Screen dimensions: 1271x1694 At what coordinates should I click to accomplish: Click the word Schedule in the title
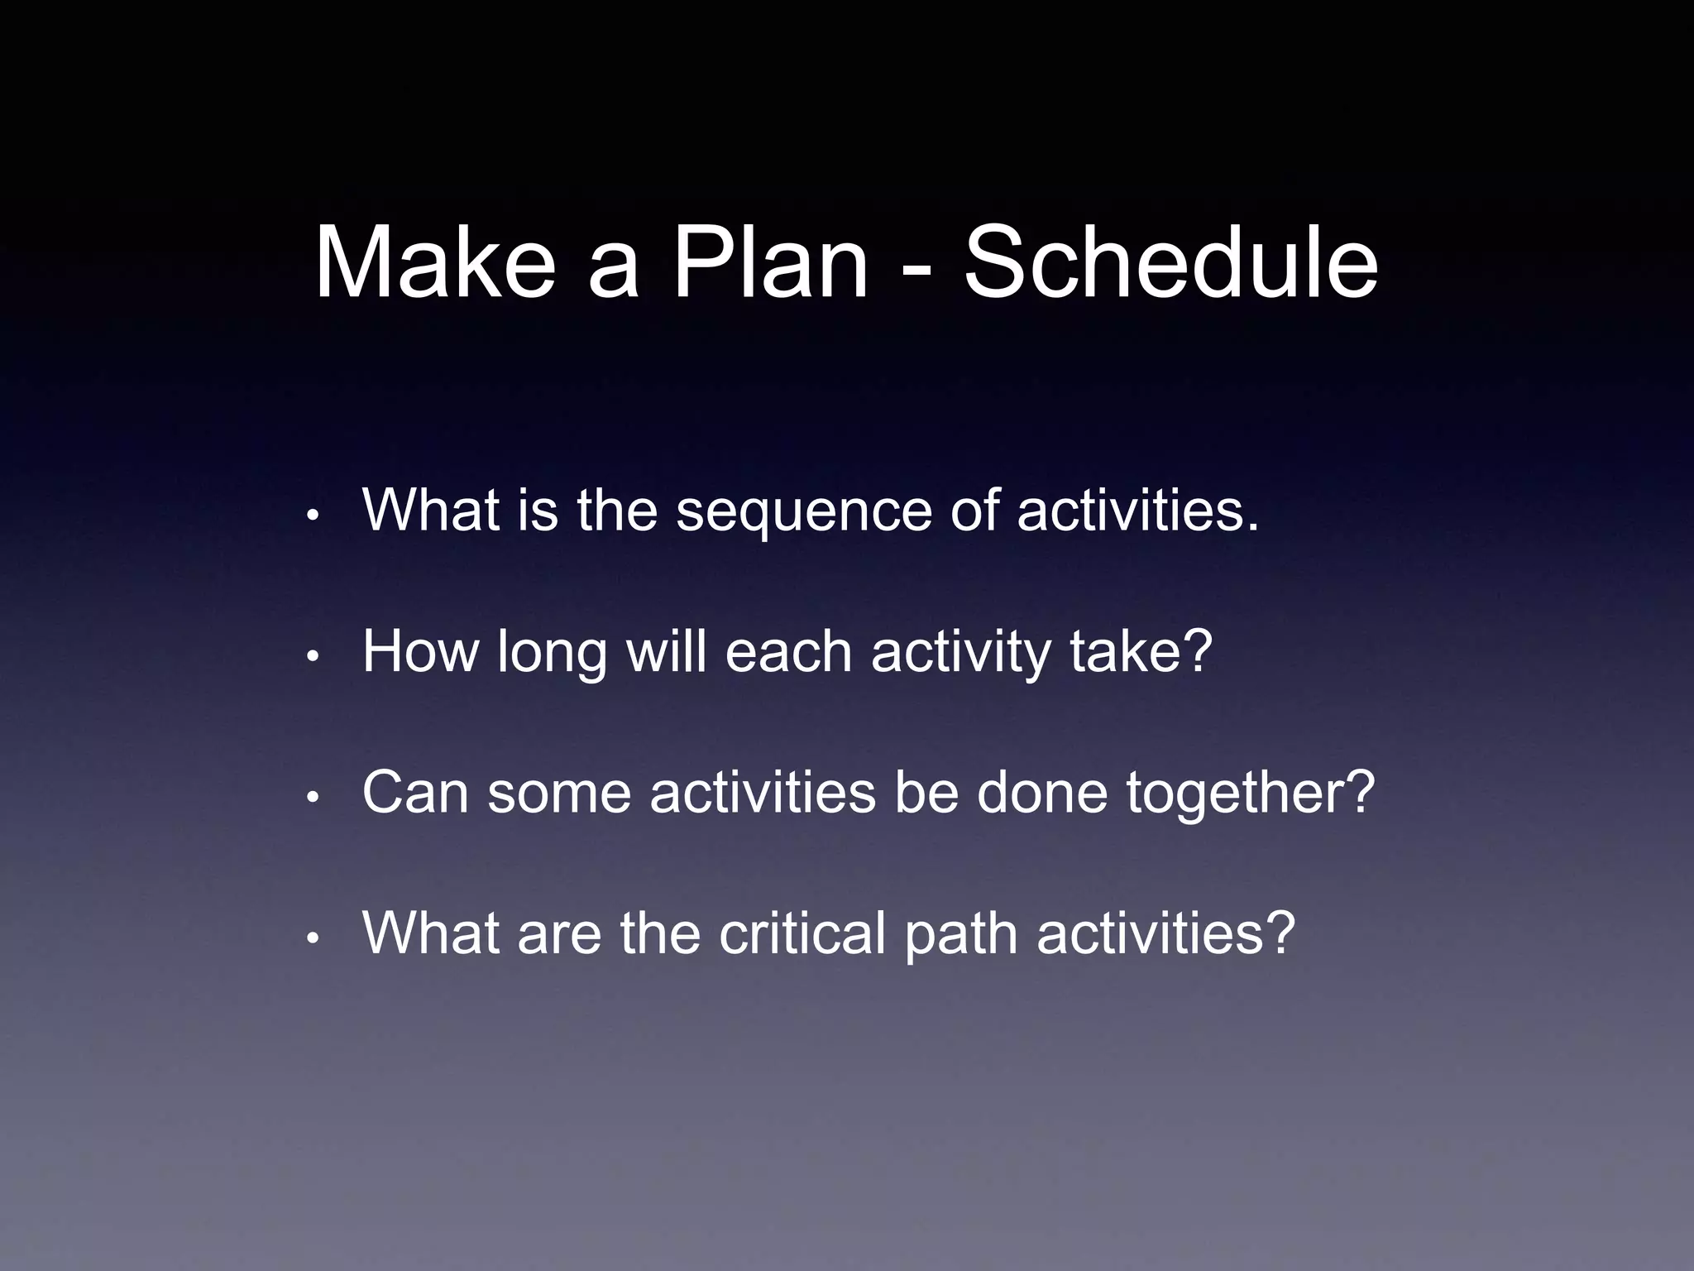pos(1170,263)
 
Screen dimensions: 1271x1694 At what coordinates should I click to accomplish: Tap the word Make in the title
pos(435,263)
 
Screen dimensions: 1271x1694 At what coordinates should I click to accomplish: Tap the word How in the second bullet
pos(420,652)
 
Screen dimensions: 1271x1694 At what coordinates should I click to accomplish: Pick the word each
pos(788,652)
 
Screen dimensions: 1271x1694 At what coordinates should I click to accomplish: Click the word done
pos(1041,793)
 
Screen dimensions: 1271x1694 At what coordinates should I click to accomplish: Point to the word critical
pos(802,933)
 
